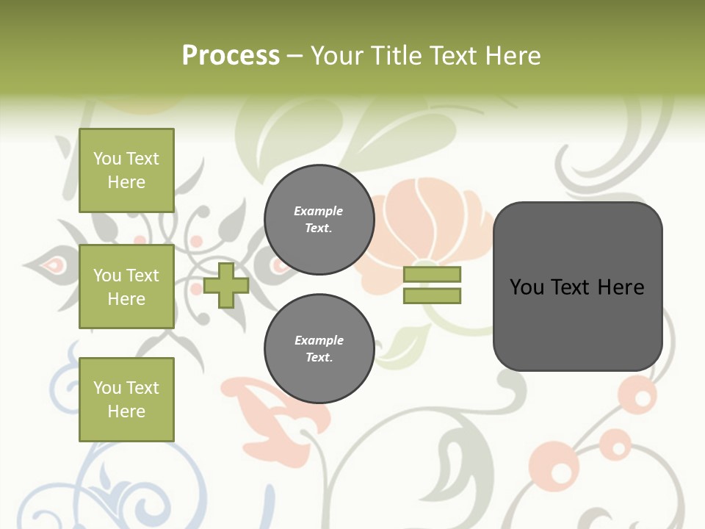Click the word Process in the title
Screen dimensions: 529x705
[231, 56]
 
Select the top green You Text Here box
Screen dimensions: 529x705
[126, 170]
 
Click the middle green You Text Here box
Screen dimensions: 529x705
[126, 287]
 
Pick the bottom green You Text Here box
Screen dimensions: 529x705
[126, 400]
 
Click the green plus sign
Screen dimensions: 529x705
[226, 286]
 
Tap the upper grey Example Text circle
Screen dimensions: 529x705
[319, 220]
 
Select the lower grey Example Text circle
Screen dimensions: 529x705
[319, 349]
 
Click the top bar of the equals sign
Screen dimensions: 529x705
[432, 274]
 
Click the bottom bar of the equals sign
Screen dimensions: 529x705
[432, 296]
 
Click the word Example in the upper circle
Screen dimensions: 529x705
[318, 211]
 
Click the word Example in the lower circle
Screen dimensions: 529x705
[319, 340]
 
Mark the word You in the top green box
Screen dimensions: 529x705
[107, 159]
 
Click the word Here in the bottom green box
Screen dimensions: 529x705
[126, 411]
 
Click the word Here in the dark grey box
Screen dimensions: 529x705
[621, 287]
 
